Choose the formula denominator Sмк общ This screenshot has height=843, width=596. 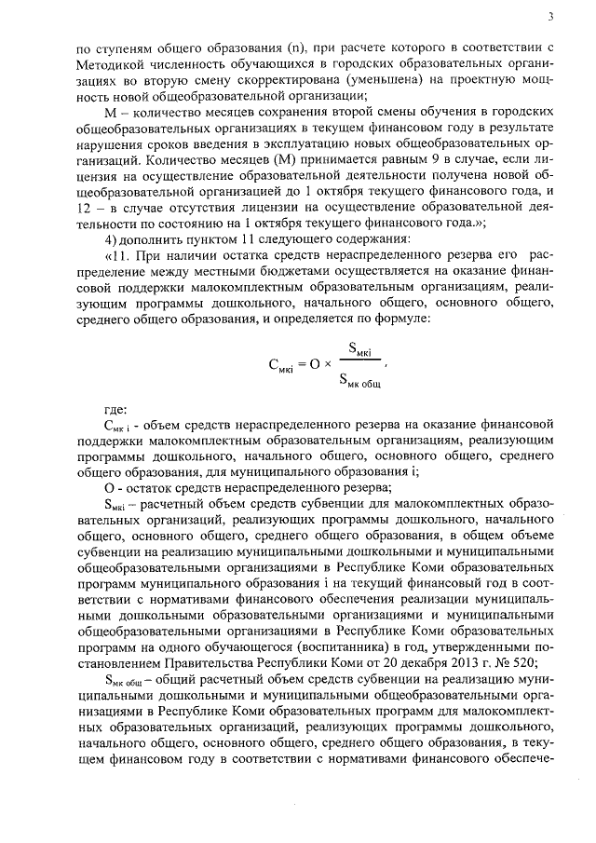359,377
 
